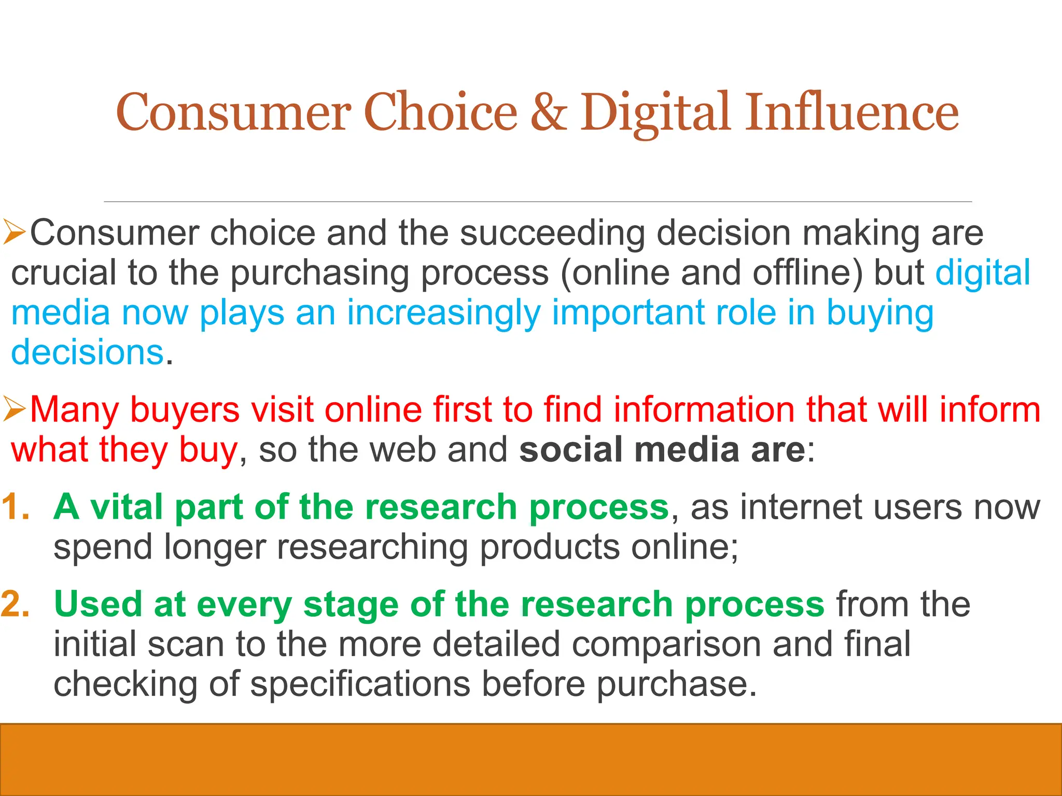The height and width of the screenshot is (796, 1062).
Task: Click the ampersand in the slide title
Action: (549, 112)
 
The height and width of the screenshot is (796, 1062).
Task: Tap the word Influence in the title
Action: (852, 112)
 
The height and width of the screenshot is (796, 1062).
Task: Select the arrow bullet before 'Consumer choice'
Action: (14, 233)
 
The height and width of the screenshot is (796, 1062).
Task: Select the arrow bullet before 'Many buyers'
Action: (14, 410)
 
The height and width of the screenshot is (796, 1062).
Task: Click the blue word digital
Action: (982, 273)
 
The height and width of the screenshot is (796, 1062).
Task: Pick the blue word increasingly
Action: (443, 314)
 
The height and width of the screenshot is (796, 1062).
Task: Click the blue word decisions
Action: (87, 352)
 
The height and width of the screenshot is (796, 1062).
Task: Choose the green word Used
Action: (97, 604)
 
